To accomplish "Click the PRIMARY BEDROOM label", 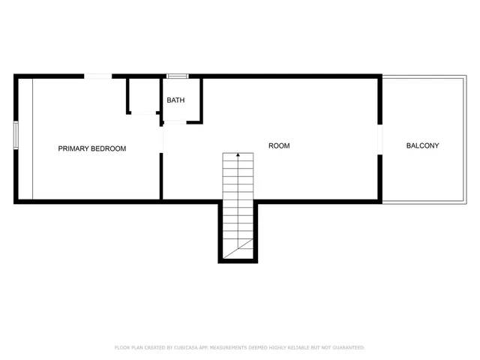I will [x=92, y=148].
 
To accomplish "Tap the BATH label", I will [x=175, y=100].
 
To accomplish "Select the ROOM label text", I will [x=279, y=145].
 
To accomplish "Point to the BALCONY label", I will [x=422, y=145].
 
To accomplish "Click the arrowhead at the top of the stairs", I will [x=238, y=155].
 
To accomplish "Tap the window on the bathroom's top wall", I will [x=177, y=76].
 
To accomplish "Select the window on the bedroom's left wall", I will [x=16, y=136].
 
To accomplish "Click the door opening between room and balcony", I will [x=380, y=139].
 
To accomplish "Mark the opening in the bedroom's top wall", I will [x=98, y=76].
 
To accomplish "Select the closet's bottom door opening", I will [x=142, y=113].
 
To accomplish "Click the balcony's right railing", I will [x=465, y=139].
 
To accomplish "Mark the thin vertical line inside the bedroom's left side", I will [x=32, y=139].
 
